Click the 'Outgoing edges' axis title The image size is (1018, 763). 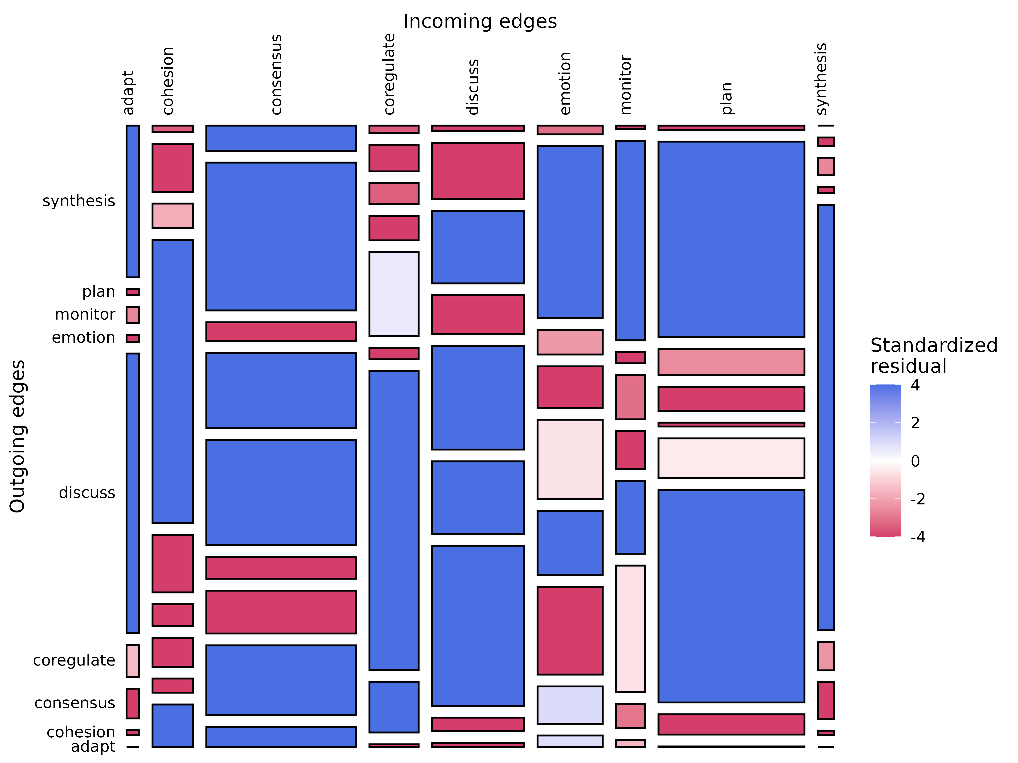pos(17,436)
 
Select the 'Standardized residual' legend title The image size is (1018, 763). pos(933,356)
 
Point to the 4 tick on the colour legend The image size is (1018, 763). pos(915,385)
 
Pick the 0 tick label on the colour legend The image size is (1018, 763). pos(915,461)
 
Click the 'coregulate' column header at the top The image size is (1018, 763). pos(389,73)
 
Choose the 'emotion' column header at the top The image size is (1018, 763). pos(565,83)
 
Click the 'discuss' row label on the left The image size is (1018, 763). pos(87,493)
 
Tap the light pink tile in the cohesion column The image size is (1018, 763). pos(172,216)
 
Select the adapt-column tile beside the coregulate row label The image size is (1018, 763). pos(132,660)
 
